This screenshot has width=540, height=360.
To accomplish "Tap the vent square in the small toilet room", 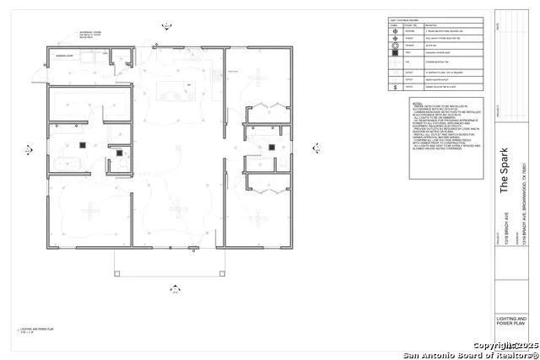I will coord(120,153).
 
